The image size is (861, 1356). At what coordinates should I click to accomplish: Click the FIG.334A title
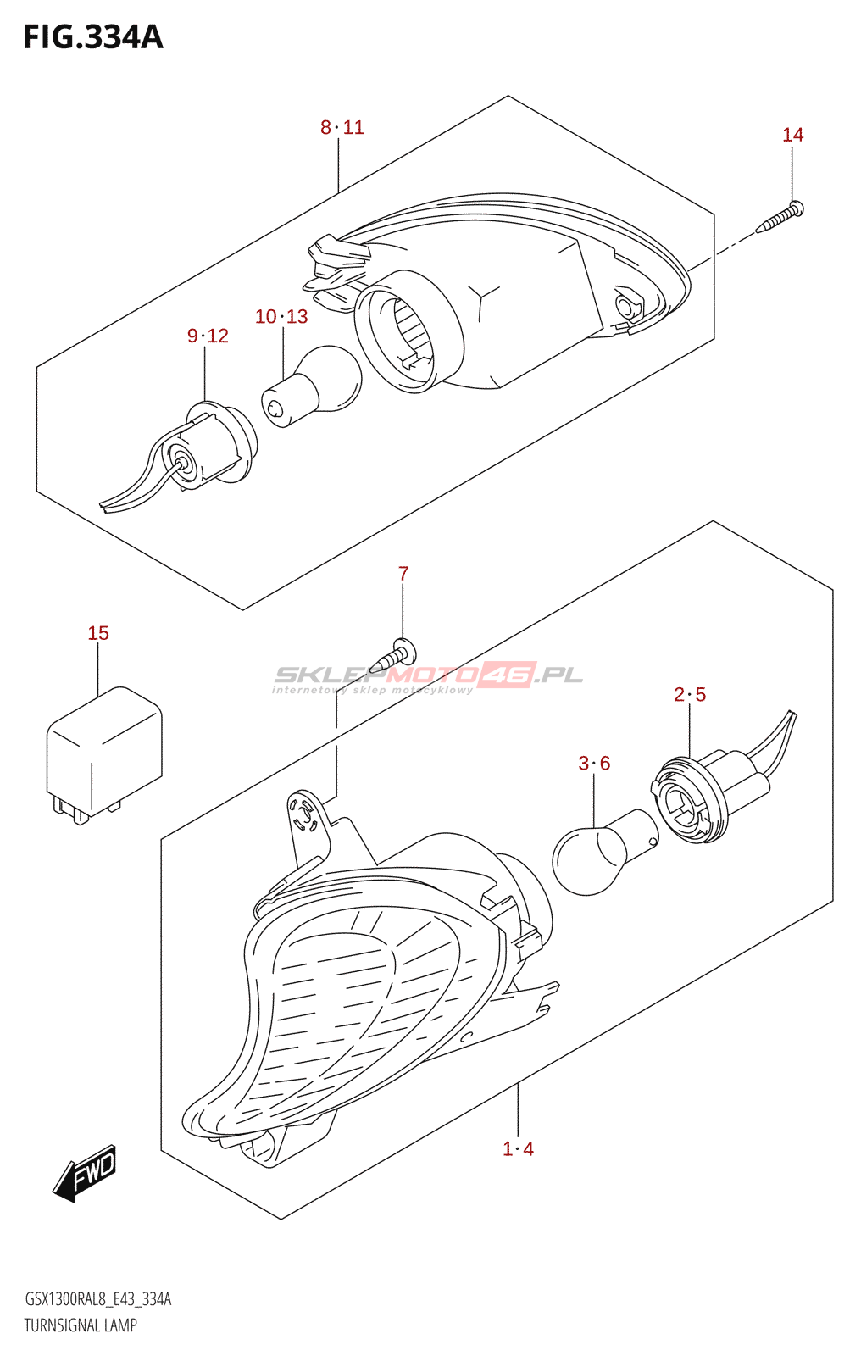pyautogui.click(x=92, y=37)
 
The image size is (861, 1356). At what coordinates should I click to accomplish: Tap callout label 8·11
pyautogui.click(x=342, y=128)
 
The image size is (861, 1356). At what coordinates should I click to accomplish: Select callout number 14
pyautogui.click(x=792, y=135)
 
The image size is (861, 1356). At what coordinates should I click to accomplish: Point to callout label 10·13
pyautogui.click(x=281, y=317)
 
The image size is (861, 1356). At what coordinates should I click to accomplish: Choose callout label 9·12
pyautogui.click(x=208, y=336)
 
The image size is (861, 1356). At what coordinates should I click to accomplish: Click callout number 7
pyautogui.click(x=403, y=574)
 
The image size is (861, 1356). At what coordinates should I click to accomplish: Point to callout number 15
pyautogui.click(x=98, y=633)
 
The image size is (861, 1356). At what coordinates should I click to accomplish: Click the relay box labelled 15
pyautogui.click(x=103, y=750)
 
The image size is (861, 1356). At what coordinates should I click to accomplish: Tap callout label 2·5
pyautogui.click(x=690, y=695)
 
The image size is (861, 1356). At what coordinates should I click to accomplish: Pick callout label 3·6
pyautogui.click(x=594, y=764)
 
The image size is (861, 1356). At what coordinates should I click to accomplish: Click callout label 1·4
pyautogui.click(x=518, y=1149)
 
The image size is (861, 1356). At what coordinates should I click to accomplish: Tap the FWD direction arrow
pyautogui.click(x=85, y=1174)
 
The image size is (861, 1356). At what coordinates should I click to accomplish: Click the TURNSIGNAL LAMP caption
pyautogui.click(x=81, y=1325)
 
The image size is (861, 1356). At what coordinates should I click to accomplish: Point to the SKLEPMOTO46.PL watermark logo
pyautogui.click(x=428, y=676)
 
